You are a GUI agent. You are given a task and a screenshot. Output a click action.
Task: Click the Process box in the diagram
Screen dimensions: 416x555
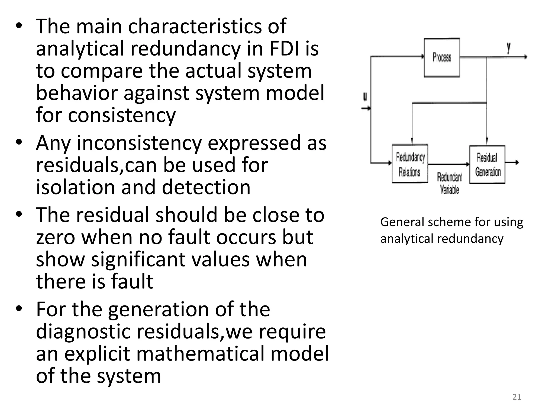442,58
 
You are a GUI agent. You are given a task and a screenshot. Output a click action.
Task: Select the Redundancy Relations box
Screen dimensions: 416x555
410,164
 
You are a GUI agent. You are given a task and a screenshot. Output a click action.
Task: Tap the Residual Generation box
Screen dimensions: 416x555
487,164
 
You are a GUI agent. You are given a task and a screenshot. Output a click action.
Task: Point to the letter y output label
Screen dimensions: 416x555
509,48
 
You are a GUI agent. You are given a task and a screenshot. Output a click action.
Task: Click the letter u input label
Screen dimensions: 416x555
365,96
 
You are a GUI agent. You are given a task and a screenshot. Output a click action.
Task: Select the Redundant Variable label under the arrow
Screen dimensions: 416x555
449,183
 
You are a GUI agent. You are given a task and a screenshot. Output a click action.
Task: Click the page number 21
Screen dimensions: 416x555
517,397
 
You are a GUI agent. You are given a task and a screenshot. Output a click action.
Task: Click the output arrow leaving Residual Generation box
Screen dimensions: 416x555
512,162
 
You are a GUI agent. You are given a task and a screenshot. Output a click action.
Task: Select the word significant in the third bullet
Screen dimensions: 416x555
138,259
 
